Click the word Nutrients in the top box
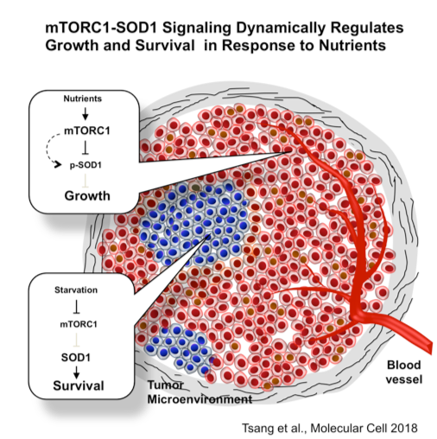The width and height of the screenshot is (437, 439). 83,99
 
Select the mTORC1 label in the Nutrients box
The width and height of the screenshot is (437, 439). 87,130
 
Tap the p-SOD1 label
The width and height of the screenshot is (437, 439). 85,165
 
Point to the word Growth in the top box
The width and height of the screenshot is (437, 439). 87,196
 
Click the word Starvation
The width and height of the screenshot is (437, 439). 76,289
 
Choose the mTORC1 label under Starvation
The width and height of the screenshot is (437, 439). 79,324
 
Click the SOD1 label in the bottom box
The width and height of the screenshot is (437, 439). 76,358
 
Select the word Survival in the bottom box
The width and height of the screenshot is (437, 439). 79,385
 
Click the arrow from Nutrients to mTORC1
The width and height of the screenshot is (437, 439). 85,114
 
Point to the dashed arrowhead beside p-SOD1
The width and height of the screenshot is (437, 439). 58,164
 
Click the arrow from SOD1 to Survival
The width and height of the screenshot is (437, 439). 76,372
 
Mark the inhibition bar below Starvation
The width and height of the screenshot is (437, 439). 76,307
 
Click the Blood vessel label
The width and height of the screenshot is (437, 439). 404,372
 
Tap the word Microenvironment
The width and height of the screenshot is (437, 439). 199,399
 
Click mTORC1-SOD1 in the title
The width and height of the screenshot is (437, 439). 102,28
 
